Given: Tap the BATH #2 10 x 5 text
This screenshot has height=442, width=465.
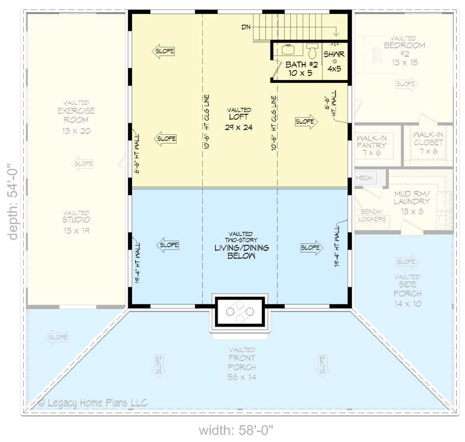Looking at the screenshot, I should (x=299, y=69).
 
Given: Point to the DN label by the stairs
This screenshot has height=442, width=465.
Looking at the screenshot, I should (x=247, y=27).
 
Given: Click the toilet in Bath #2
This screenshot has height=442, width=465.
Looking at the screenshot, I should (x=312, y=52).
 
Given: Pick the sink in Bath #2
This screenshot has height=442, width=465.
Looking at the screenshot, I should (x=288, y=50).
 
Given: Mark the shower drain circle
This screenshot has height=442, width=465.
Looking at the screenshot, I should (x=334, y=61).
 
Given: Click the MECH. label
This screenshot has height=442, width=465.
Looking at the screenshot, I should (x=364, y=178).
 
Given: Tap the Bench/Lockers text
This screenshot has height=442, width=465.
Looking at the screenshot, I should (x=372, y=215).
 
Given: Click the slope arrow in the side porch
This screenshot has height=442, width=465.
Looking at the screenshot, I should (x=407, y=261).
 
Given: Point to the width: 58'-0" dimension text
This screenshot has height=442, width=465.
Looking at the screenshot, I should (x=236, y=429).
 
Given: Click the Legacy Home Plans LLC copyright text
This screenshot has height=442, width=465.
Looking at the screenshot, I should (x=92, y=403).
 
